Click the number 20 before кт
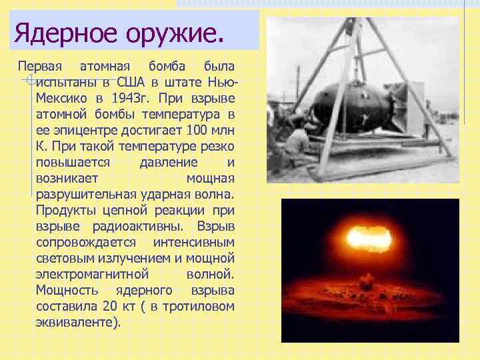[111, 307]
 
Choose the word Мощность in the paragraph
[67, 291]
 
